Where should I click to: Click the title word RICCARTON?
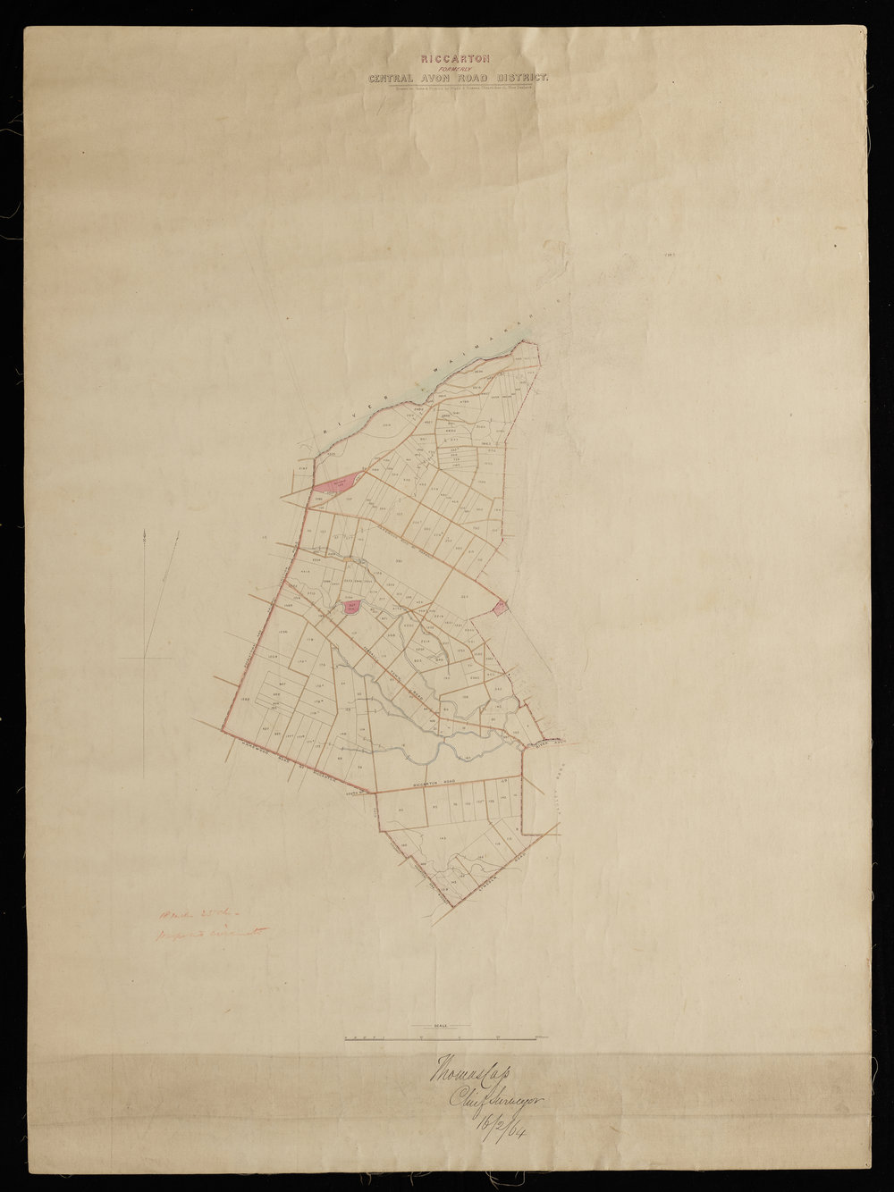460,58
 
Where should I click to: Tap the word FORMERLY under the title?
460,68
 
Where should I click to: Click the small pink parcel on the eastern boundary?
501,608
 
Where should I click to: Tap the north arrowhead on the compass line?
144,533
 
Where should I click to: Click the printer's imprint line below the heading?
460,88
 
